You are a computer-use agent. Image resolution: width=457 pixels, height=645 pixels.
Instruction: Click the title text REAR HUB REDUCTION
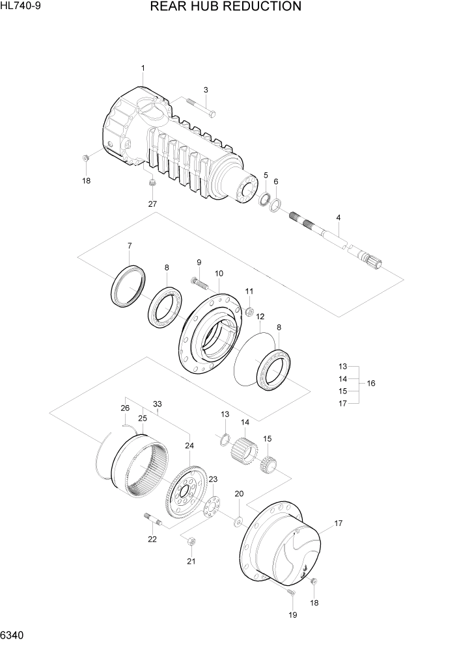pos(225,7)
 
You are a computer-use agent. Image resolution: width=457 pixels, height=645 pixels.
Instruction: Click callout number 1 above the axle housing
pos(143,68)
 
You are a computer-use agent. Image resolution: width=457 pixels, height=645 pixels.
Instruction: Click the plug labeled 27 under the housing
pos(152,186)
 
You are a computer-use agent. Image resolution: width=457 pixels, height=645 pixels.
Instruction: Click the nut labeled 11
pos(249,311)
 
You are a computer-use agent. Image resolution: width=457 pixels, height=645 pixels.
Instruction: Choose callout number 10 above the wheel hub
pos(219,273)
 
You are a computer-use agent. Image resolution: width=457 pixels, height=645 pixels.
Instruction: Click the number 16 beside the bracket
pos(371,384)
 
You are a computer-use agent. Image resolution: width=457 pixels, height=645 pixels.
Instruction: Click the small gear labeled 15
pos(268,464)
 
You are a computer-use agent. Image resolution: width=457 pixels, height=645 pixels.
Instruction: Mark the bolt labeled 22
pos(150,518)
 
